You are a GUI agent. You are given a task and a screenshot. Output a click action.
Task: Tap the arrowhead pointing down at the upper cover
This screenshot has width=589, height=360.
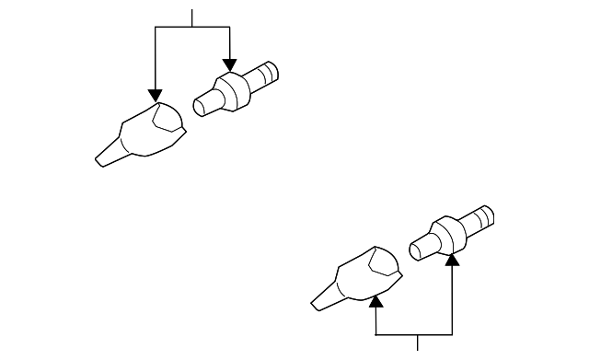(x=156, y=95)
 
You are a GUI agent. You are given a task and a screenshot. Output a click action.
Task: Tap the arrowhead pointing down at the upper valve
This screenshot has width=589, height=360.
(x=229, y=65)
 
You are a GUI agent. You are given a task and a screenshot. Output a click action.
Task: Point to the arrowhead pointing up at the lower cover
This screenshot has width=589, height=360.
(x=375, y=299)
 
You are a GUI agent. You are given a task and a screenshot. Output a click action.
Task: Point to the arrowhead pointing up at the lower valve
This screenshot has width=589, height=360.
(x=452, y=261)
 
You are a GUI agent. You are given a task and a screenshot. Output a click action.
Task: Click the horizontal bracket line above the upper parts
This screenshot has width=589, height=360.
(x=192, y=28)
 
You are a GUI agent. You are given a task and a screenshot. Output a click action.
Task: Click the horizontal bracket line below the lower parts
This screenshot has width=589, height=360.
(x=414, y=333)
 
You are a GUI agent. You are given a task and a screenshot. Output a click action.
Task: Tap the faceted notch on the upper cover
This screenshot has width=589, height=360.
(x=167, y=116)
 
